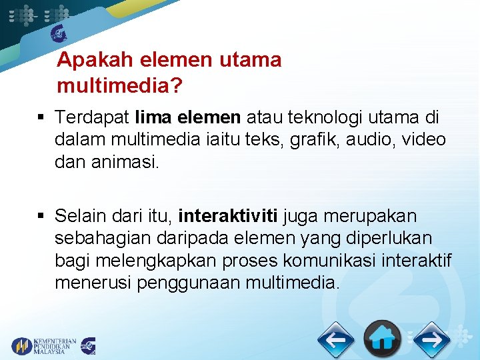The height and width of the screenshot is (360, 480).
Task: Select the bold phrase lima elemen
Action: pyautogui.click(x=187, y=118)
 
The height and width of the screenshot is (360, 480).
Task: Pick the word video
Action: pyautogui.click(x=424, y=141)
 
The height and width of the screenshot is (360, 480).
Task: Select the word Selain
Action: pyautogui.click(x=79, y=217)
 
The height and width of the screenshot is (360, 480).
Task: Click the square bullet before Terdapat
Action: pyautogui.click(x=41, y=119)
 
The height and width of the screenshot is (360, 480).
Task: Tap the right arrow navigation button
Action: pyautogui.click(x=431, y=340)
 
